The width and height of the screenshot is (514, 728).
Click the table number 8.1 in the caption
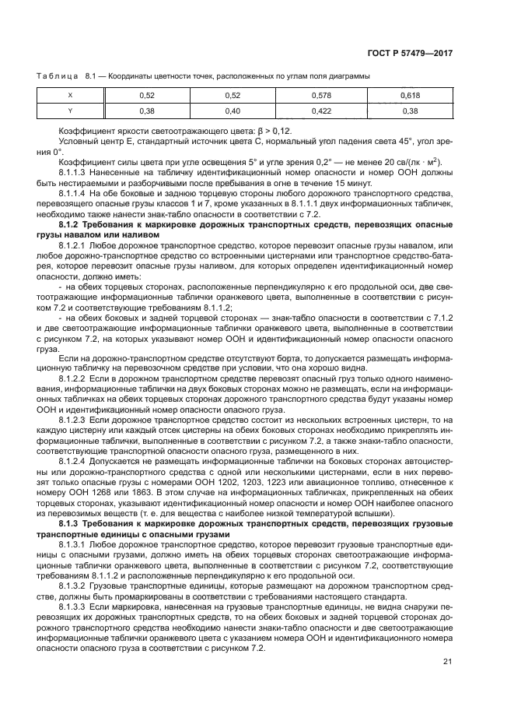(90, 76)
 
